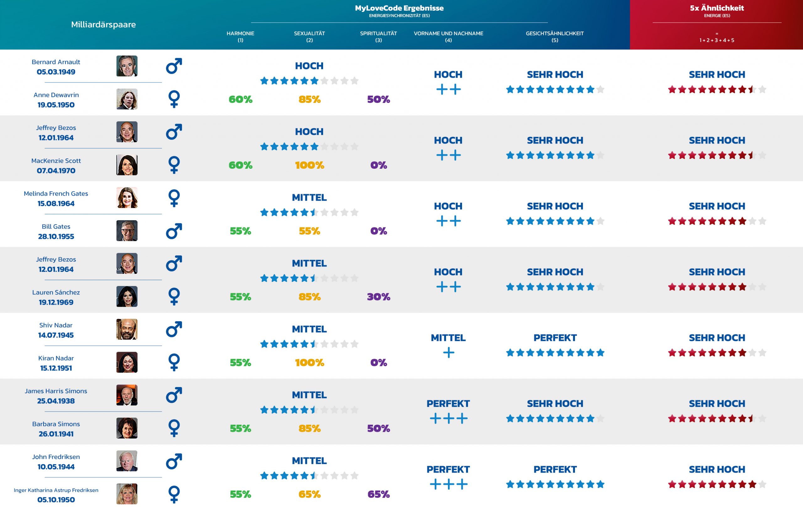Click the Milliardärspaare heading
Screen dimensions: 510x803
click(104, 25)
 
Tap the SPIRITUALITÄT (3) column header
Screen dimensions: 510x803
click(378, 36)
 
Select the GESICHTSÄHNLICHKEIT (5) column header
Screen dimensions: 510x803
click(555, 36)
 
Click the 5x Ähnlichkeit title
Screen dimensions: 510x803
click(717, 8)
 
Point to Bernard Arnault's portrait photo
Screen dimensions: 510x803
click(127, 66)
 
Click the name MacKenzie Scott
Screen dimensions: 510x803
click(56, 161)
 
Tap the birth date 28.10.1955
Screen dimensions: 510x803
click(56, 236)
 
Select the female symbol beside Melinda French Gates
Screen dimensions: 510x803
click(174, 198)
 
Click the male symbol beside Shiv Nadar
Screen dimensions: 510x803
click(174, 329)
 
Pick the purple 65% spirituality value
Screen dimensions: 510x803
click(379, 494)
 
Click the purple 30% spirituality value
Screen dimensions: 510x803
click(379, 296)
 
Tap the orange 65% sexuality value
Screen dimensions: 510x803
click(310, 494)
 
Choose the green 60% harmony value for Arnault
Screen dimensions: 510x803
click(241, 99)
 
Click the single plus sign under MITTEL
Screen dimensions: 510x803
click(449, 353)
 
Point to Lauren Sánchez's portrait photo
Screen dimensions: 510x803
click(127, 296)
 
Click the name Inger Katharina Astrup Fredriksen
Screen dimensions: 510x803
click(56, 490)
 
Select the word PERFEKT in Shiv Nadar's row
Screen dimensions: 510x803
click(555, 338)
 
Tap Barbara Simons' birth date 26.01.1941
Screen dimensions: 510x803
click(56, 434)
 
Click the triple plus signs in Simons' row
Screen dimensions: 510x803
click(449, 418)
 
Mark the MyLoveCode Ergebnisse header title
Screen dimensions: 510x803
click(399, 8)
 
